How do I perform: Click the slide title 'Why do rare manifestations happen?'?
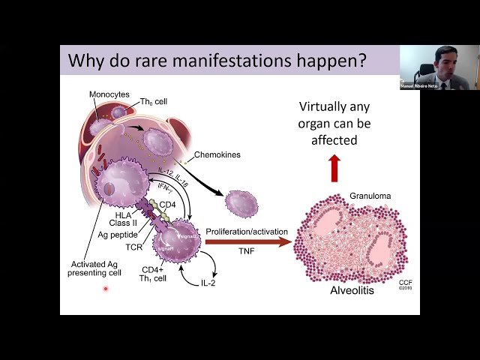click(217, 60)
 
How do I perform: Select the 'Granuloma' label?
click(370, 196)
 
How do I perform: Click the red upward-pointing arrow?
click(334, 169)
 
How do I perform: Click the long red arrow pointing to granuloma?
click(247, 241)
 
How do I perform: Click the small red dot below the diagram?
click(106, 289)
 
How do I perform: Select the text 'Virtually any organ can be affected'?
click(334, 123)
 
